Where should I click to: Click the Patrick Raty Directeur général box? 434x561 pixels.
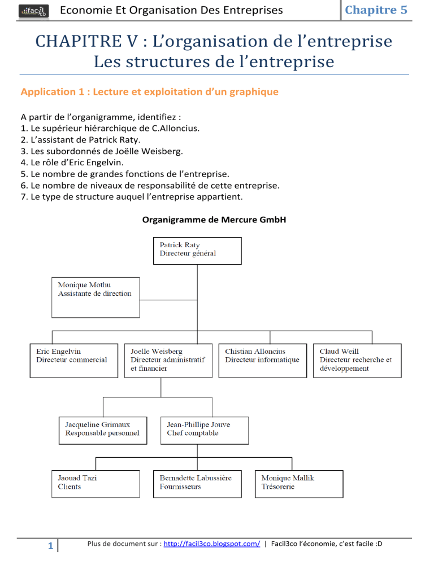tap(197, 251)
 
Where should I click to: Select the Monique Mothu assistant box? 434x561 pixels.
tap(96, 297)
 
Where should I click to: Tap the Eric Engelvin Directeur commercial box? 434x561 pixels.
tap(74, 361)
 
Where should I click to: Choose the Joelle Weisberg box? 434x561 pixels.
tap(168, 361)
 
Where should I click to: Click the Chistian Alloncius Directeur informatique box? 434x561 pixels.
tap(263, 361)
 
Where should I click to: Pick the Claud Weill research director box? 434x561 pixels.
tap(357, 361)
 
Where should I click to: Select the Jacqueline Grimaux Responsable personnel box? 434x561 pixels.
tap(103, 431)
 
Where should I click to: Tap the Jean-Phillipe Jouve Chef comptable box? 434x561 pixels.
tap(205, 431)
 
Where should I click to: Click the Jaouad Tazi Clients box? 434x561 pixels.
tap(96, 484)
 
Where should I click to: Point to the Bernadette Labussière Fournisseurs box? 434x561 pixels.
tap(197, 484)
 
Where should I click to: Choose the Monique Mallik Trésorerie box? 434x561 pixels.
tap(299, 484)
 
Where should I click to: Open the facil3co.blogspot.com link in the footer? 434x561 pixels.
tap(212, 544)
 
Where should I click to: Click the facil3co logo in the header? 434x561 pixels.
tap(34, 11)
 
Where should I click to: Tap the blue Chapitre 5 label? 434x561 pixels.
tap(376, 10)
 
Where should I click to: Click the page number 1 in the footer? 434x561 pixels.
tap(50, 546)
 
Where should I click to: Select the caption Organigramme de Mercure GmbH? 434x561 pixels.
tap(214, 220)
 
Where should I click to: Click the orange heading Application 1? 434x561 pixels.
tap(149, 92)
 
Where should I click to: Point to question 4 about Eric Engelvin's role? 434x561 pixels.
tap(72, 163)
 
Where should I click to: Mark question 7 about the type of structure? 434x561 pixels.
tap(132, 197)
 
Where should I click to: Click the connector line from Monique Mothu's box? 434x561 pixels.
tap(168, 300)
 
